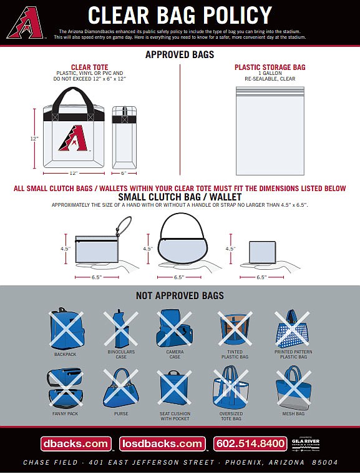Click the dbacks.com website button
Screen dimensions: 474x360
coord(75,444)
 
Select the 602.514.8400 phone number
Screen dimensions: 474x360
coord(250,444)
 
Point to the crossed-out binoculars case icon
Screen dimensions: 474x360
coord(120,328)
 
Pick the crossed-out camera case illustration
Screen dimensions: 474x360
coord(175,328)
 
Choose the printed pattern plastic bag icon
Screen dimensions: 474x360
coord(292,330)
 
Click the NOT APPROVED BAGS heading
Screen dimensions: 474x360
coord(180,295)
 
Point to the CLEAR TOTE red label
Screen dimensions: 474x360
coord(89,67)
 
